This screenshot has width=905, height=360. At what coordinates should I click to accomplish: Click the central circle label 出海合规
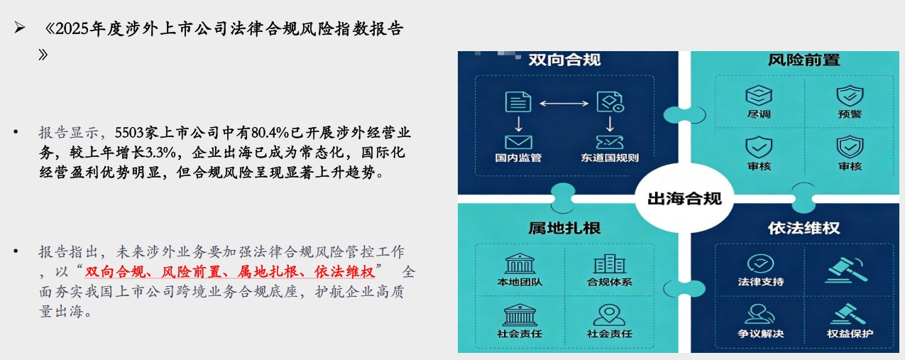pos(684,198)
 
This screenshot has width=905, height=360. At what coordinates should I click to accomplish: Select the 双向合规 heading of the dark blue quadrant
pos(564,60)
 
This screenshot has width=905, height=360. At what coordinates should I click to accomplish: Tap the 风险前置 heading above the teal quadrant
pos(803,60)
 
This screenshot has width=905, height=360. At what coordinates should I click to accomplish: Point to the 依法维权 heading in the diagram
pos(803,228)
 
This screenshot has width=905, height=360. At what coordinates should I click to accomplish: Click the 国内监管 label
pos(518,158)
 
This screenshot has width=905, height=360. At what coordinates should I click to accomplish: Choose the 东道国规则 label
pos(610,158)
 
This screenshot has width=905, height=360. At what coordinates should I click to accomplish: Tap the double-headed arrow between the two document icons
pos(564,104)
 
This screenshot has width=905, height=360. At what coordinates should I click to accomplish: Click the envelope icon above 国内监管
pos(518,142)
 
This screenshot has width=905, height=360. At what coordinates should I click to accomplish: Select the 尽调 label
pos(759,114)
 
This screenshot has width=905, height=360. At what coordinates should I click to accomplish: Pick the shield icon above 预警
pos(850,96)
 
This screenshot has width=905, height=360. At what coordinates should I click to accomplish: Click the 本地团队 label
pos(520,282)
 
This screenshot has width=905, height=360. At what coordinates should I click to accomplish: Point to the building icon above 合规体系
pos(610,264)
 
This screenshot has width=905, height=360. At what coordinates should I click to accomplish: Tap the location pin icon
pos(609,315)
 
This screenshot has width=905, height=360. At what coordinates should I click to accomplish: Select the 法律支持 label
pos(761,282)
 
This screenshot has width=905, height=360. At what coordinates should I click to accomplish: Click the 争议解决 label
pos(761,334)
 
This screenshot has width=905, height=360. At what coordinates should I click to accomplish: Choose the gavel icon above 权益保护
pos(848,315)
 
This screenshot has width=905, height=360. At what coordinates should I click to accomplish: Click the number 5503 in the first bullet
pos(129,133)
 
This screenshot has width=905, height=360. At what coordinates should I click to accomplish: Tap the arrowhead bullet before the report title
pos(19,28)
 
